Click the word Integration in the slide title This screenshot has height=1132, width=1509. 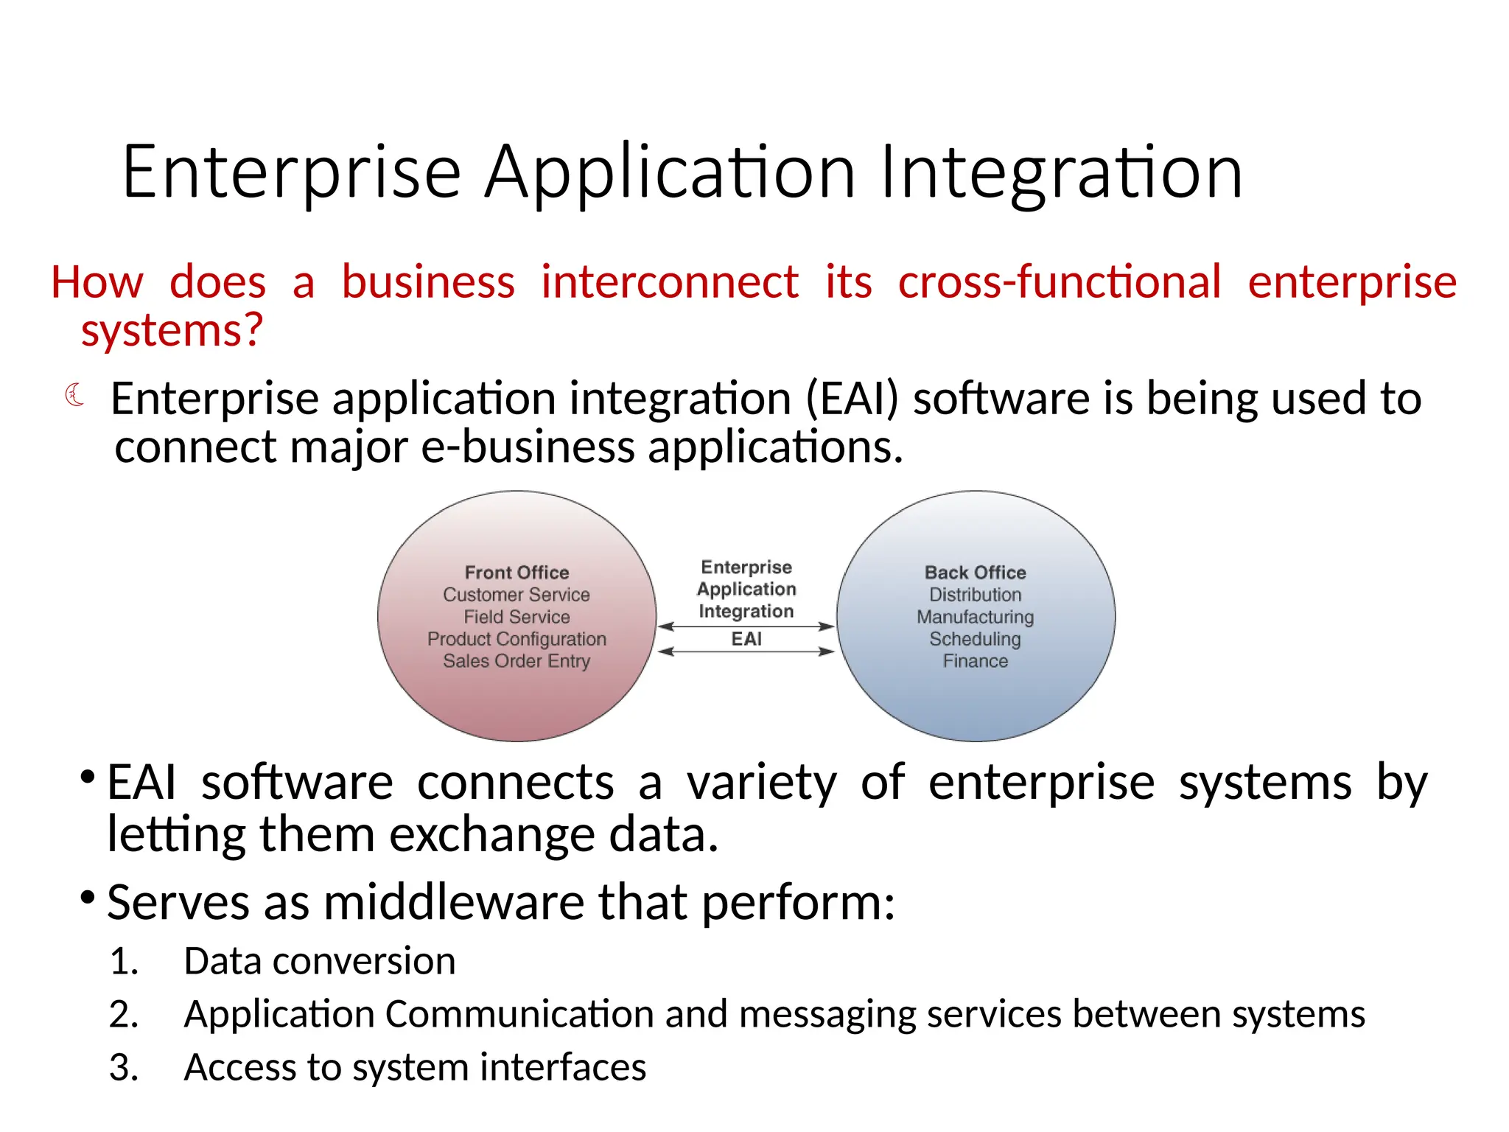(1061, 173)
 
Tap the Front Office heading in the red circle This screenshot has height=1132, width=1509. (517, 573)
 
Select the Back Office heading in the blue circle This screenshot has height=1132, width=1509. (975, 573)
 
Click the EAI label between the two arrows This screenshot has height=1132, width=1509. (746, 639)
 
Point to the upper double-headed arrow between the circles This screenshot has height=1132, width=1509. (746, 626)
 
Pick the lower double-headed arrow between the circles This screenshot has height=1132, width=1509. (746, 651)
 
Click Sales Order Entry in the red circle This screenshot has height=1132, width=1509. (517, 661)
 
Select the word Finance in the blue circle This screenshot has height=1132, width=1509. (975, 661)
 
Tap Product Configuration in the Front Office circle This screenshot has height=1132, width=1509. (517, 639)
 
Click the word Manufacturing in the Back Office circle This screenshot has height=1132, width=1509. (975, 617)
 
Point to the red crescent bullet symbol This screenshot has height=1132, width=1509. (74, 395)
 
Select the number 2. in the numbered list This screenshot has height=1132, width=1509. (124, 1014)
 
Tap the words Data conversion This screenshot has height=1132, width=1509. (319, 961)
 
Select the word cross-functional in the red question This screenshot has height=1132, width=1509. (1059, 282)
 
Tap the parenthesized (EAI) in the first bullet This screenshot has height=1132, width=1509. (852, 399)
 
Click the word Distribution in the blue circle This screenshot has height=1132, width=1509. (975, 595)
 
